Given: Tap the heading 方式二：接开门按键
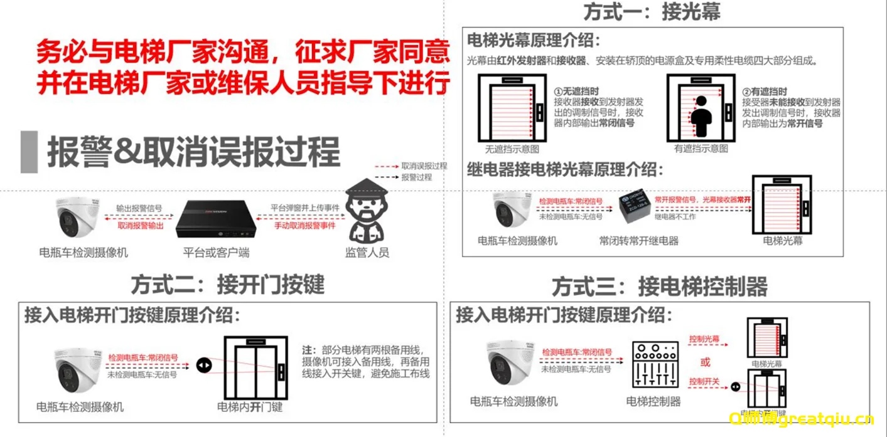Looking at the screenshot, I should (227, 285).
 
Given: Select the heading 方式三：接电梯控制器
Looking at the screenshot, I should (659, 287).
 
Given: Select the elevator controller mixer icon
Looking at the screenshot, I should (655, 366).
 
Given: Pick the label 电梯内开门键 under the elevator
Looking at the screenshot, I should (249, 407).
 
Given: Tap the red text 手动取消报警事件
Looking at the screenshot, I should (304, 225).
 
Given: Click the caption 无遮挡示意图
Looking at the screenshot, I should (512, 149).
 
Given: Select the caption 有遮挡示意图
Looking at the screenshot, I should (701, 149).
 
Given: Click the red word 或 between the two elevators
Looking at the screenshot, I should (706, 362).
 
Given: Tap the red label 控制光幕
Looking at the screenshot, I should (704, 339).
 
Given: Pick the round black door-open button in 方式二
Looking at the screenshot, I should (204, 365).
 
